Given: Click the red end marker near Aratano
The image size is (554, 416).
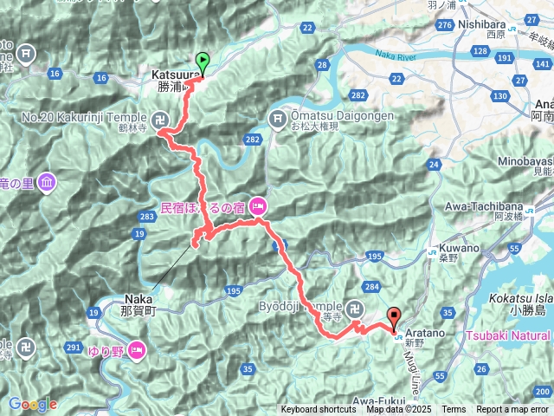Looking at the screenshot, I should pyautogui.click(x=395, y=318).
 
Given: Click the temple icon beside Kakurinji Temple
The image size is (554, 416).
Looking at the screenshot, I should pyautogui.click(x=162, y=117).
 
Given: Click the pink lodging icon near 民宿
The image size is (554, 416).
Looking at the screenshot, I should pyautogui.click(x=258, y=206).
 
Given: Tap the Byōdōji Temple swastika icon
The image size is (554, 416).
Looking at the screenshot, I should pyautogui.click(x=356, y=308).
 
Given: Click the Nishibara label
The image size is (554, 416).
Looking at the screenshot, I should pyautogui.click(x=483, y=27).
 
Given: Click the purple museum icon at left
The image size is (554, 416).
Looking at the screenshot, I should pyautogui.click(x=46, y=183).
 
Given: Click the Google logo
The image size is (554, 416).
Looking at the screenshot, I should pyautogui.click(x=32, y=404).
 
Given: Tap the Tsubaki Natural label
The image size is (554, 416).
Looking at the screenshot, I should pyautogui.click(x=507, y=335).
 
